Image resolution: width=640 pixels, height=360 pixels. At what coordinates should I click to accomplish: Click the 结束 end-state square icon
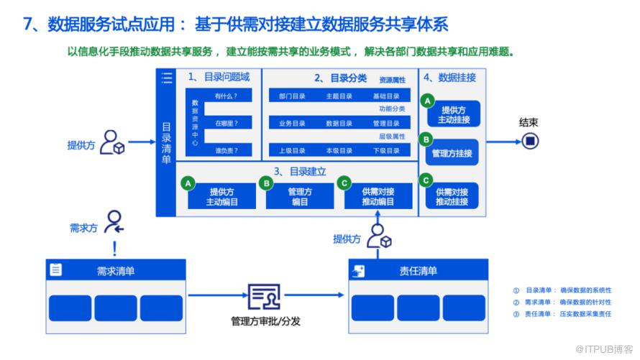pos(530,142)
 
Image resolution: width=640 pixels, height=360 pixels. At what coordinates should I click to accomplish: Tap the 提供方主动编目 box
pos(221,197)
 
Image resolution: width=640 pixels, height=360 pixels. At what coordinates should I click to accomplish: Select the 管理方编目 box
pos(299,197)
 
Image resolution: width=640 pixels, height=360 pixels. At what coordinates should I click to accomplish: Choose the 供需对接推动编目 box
pos(378,197)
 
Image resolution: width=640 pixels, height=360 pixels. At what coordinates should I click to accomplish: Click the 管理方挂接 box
pos(452,153)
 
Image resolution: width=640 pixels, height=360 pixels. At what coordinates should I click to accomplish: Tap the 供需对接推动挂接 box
pos(452,197)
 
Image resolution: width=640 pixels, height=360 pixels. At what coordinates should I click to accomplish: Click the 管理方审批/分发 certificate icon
pos(264,296)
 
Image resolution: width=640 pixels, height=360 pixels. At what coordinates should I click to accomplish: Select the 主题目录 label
pos(339,96)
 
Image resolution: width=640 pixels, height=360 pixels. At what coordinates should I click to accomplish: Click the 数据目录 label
pos(339,124)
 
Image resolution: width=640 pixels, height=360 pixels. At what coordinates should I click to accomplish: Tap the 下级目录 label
pos(386,151)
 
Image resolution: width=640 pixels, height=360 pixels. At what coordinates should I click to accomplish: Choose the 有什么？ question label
pos(226,96)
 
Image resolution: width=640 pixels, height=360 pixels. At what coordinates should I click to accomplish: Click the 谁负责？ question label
pos(226,151)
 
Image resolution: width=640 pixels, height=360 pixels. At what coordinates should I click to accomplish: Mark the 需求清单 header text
pos(116,271)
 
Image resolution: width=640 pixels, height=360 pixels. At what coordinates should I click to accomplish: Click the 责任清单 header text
pos(418,271)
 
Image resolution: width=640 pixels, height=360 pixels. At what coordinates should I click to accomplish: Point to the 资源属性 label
pos(392,80)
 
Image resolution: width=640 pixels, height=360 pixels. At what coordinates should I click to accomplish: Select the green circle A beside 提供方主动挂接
pos(428,101)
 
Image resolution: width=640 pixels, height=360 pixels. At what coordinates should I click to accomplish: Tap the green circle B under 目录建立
pos(266,184)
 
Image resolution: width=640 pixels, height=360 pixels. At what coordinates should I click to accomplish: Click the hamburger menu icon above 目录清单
pos(167,78)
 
